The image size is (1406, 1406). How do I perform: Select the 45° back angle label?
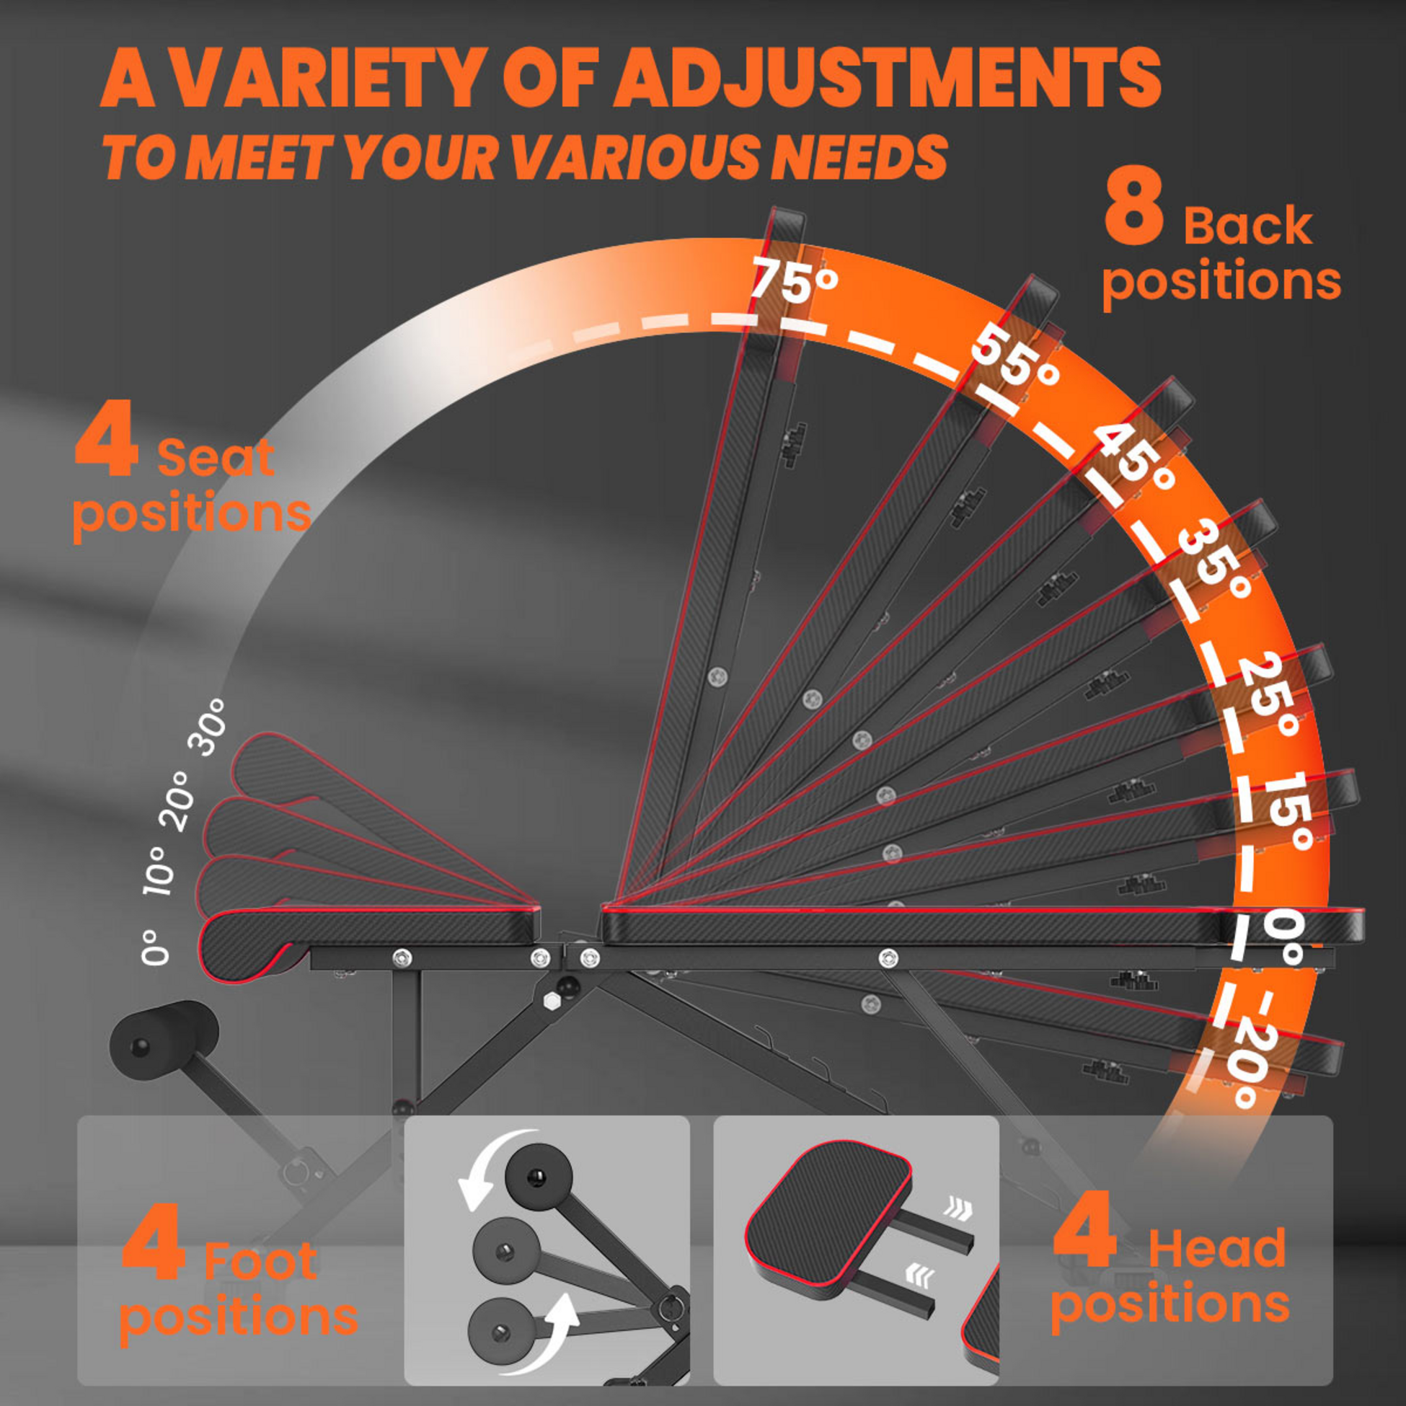point(1135,459)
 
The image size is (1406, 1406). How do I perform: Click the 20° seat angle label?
point(180,801)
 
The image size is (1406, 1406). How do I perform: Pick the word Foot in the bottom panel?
point(260,1260)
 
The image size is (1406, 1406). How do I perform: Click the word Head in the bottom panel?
point(1218,1249)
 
